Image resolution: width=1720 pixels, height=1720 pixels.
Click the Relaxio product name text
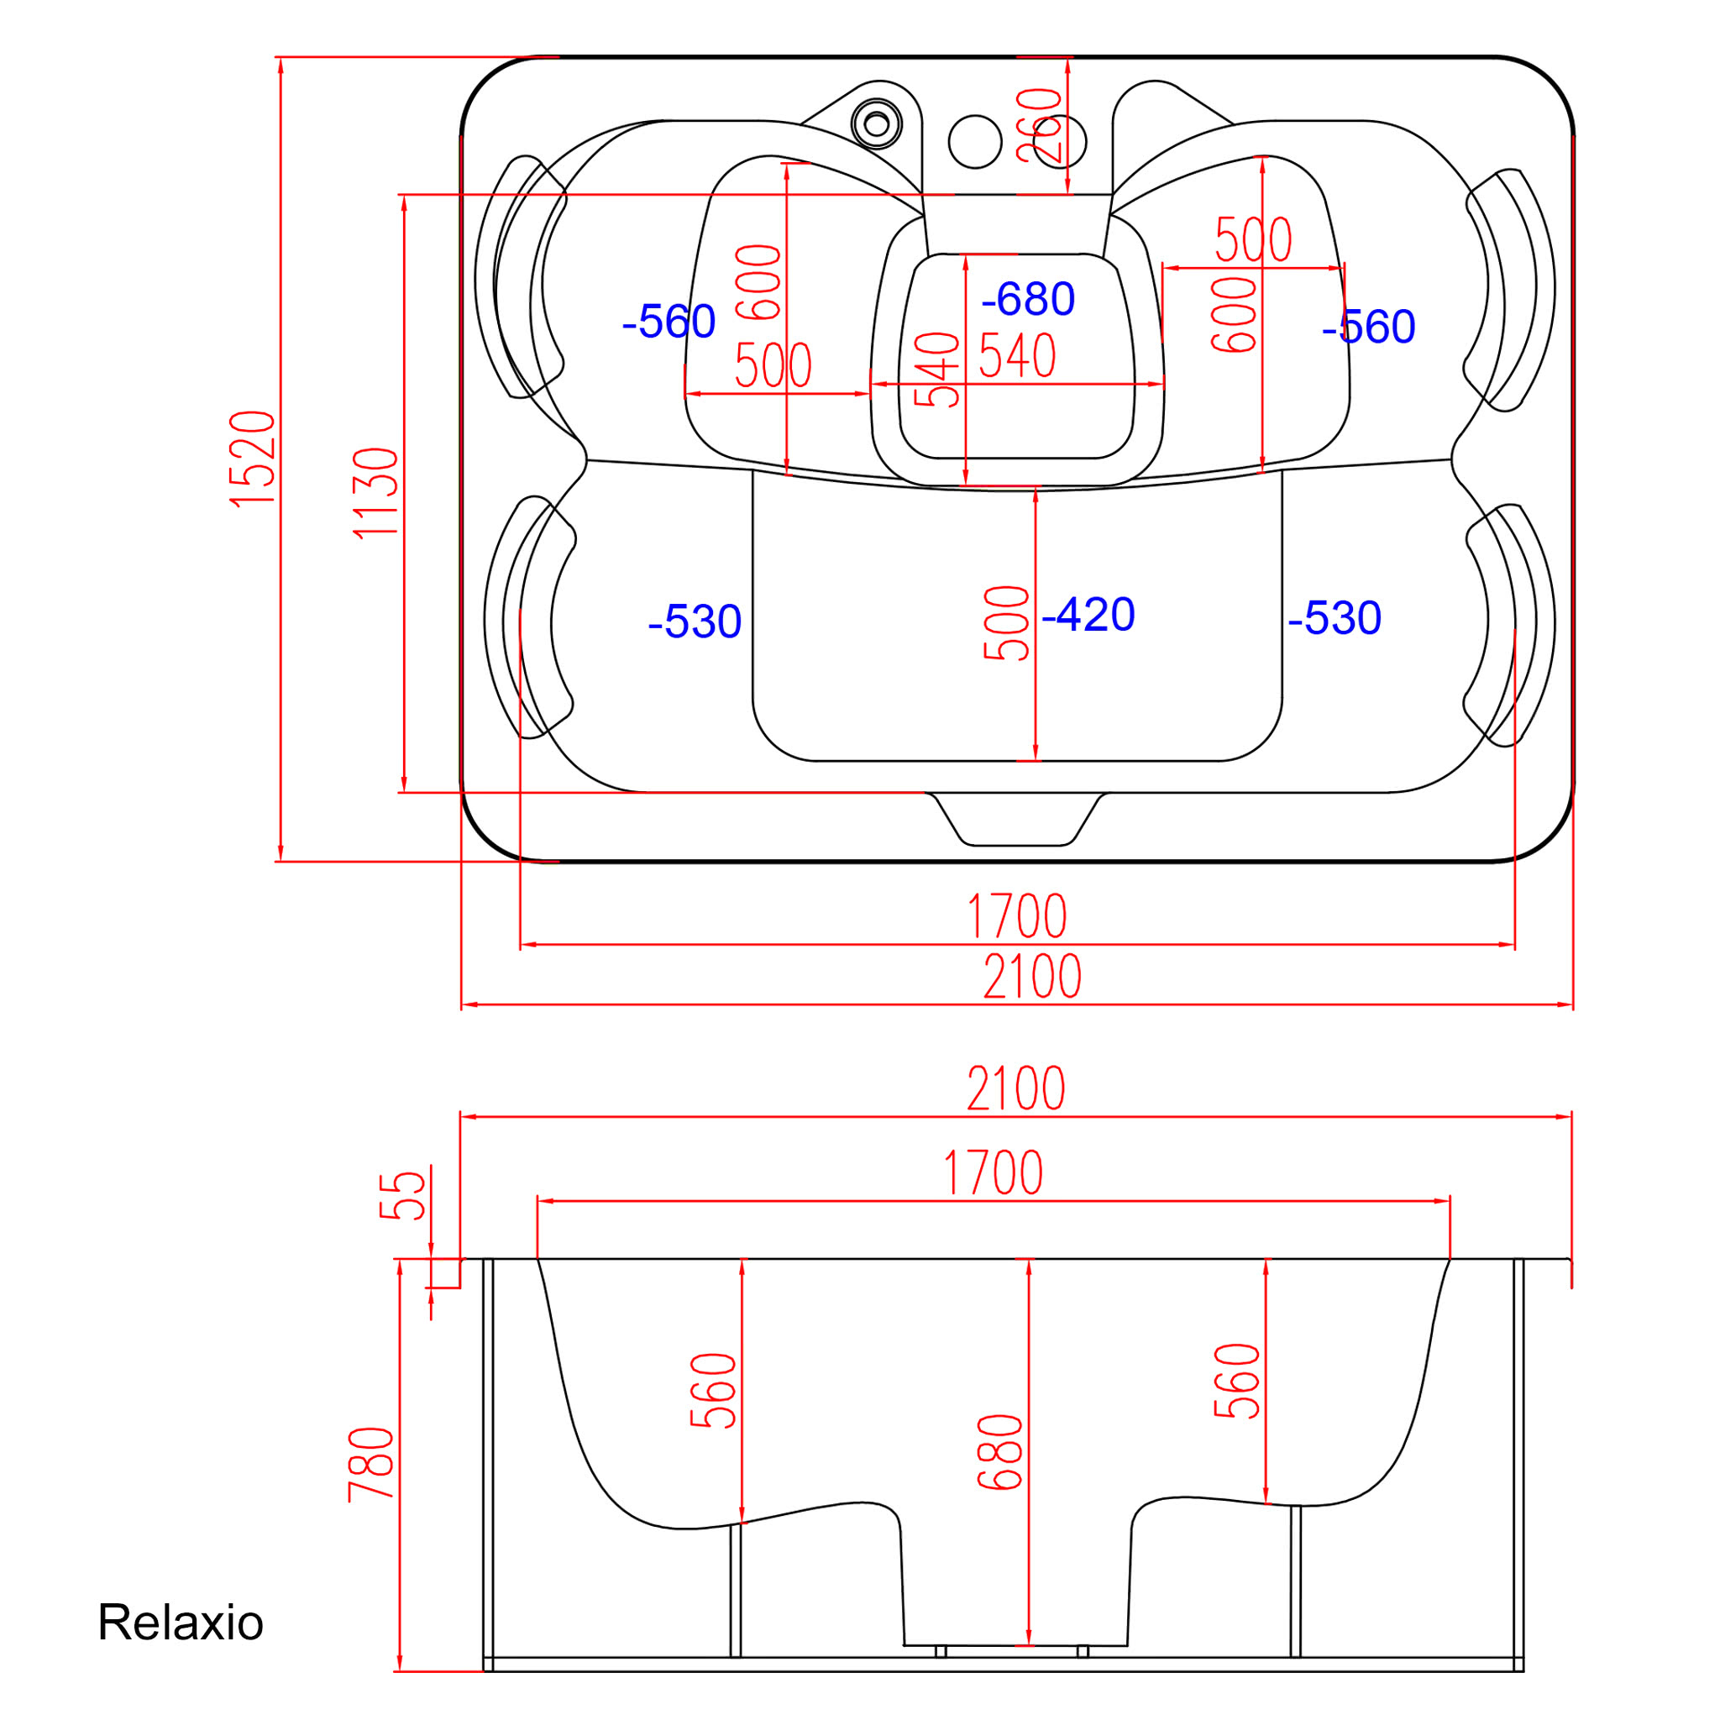point(180,1621)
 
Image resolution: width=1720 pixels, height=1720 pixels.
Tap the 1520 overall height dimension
point(253,459)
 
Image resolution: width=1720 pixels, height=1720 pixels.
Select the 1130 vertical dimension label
point(375,492)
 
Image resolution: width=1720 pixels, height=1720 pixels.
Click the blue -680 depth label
point(1027,298)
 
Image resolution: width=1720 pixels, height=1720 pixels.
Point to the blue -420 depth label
point(1088,613)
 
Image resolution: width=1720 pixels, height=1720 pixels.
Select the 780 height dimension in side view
point(371,1465)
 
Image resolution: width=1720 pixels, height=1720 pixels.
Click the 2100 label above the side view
point(1016,1088)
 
